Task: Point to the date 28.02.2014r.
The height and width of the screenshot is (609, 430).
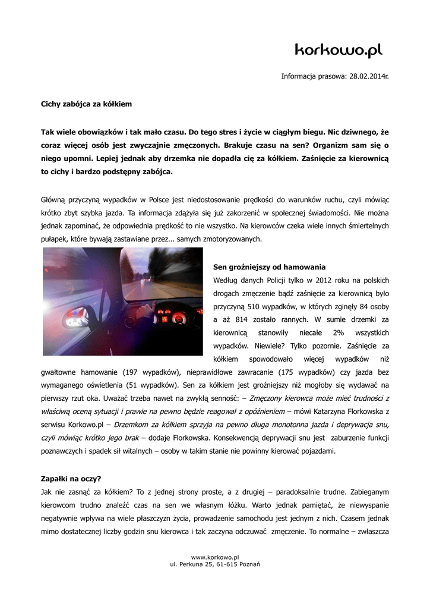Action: (368, 76)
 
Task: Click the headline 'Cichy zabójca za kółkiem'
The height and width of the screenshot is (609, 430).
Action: (86, 103)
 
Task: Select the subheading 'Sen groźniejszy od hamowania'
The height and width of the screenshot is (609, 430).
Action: (269, 267)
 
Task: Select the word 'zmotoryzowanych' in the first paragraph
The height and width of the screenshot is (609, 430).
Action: (229, 239)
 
